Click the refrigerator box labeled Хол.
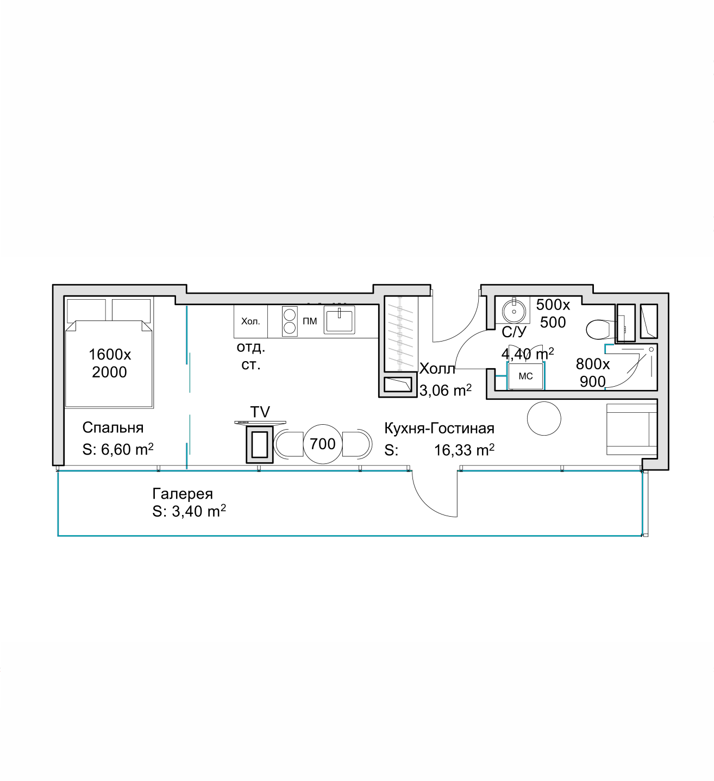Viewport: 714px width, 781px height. point(250,321)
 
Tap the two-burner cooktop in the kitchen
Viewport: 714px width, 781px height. point(290,321)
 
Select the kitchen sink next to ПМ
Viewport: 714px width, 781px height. point(339,320)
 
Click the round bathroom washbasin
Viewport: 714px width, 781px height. point(513,312)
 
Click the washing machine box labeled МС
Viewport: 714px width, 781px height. point(525,376)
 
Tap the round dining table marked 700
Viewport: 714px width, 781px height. point(323,444)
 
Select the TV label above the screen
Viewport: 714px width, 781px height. point(260,412)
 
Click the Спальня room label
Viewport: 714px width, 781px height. point(113,428)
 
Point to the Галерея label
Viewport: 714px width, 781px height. point(183,494)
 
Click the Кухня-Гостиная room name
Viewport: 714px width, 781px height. point(439,428)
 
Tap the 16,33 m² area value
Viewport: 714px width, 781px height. point(464,450)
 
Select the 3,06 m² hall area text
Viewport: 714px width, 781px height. point(446,390)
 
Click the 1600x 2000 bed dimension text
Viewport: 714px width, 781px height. point(110,363)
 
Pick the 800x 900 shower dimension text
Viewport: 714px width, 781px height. point(593,373)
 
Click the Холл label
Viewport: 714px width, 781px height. point(437,368)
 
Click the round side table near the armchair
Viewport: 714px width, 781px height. point(544,419)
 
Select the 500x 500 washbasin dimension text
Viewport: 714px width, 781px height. point(553,313)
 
